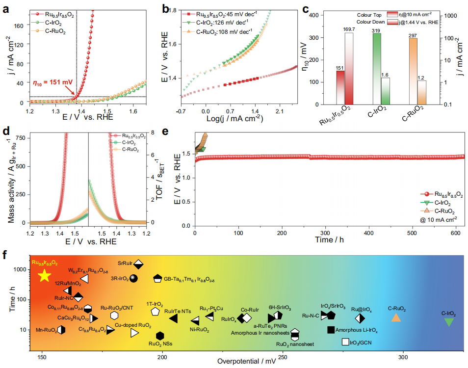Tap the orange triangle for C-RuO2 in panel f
[x=396, y=317]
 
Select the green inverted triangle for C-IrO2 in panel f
[x=449, y=322]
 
